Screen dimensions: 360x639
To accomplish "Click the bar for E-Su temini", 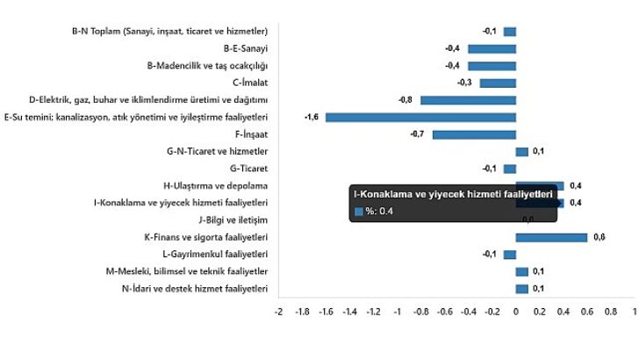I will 420,117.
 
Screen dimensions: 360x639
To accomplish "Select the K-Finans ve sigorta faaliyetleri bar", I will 551,237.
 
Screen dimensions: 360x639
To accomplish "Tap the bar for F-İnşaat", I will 474,134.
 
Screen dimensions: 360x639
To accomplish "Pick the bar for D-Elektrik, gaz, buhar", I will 468,100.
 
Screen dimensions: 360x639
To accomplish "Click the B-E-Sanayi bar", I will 492,48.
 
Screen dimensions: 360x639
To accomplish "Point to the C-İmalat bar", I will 498,83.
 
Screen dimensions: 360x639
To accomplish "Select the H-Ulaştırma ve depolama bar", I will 539,185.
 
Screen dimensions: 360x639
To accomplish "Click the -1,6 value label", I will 312,117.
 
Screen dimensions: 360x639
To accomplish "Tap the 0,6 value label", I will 600,237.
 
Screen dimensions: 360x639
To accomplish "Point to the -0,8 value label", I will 406,100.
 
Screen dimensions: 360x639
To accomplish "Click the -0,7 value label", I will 418,134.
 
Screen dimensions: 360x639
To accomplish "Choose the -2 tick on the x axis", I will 278,311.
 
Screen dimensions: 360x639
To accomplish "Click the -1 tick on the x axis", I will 397,311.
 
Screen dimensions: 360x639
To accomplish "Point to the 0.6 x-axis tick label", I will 586,311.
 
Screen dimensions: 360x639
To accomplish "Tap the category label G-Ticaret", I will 248,169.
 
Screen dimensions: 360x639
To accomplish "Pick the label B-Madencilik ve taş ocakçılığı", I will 207,65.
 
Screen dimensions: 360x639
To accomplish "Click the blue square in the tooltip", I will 358,211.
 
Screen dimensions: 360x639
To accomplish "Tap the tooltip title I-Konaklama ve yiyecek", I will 452,193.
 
